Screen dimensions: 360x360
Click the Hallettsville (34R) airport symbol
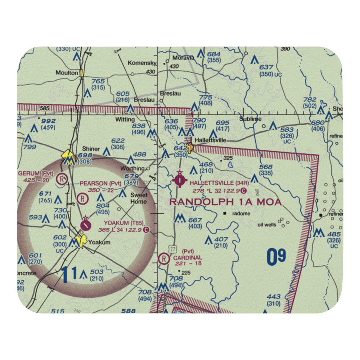point(180,179)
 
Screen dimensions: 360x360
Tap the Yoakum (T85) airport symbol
point(86,224)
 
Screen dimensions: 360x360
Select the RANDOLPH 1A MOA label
point(225,202)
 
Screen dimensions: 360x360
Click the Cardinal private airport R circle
point(164,258)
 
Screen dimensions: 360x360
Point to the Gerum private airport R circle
point(63,178)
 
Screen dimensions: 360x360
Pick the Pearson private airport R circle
point(83,198)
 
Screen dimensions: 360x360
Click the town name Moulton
point(67,73)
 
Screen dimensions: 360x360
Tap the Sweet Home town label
point(139,198)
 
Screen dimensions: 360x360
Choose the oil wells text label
point(267,225)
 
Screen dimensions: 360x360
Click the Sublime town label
point(251,119)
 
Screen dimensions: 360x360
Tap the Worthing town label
point(132,168)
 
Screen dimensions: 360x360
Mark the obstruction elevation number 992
point(49,121)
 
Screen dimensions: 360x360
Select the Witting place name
point(125,119)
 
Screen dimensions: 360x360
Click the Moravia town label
point(183,58)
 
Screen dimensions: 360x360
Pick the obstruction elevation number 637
point(266,67)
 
